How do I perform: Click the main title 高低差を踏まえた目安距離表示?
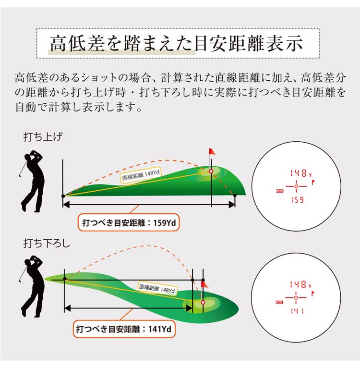pos(176,43)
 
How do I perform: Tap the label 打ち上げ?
pos(43,136)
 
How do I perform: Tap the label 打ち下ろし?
pos(47,243)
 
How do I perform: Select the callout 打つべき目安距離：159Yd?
pos(129,222)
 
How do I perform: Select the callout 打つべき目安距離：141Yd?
pos(124,329)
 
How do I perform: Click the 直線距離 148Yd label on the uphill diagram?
pos(141,176)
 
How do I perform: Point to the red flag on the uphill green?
pos(212,152)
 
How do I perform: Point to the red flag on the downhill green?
pos(204,284)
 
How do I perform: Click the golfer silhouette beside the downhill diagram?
pos(32,286)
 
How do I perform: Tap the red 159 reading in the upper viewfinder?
pos(297,200)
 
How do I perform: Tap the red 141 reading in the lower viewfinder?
pos(297,311)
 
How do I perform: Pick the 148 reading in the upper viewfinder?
pos(298,173)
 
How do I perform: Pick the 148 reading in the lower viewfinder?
pos(298,285)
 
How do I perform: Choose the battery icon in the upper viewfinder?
pos(279,191)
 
